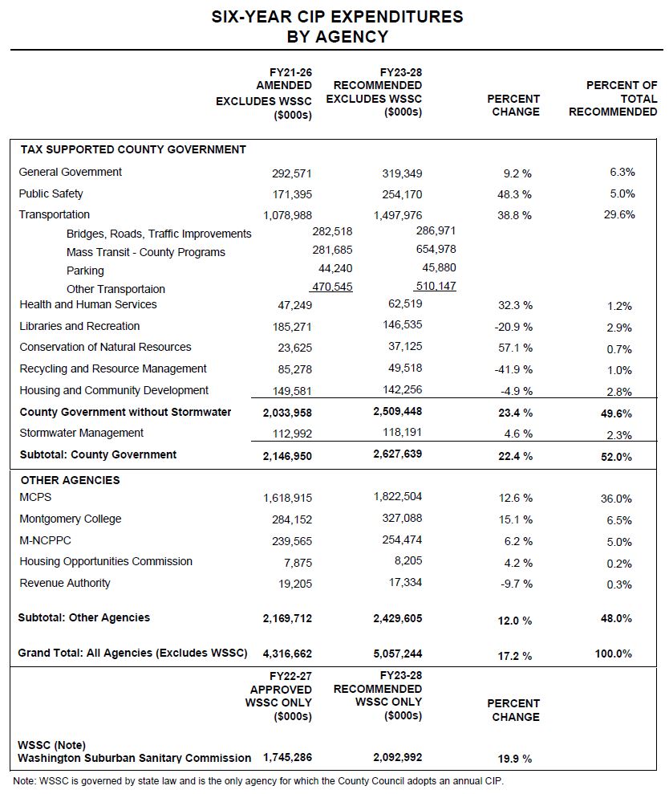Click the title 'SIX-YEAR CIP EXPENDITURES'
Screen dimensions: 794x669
pos(337,16)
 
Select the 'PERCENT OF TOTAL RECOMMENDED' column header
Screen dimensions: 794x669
pos(613,99)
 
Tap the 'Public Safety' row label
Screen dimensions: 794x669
pos(51,193)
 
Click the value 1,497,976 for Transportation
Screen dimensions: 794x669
pos(398,215)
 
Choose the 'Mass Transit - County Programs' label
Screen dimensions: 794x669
pos(146,252)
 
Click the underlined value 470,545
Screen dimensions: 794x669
pos(331,286)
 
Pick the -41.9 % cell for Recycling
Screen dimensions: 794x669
pos(513,370)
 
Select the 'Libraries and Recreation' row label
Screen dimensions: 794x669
pos(79,326)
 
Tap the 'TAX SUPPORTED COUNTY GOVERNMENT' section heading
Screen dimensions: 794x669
pos(133,149)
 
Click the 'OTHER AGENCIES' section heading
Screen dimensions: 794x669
pos(70,480)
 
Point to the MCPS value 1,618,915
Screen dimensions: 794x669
pos(288,499)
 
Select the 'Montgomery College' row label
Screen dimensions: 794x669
pos(71,519)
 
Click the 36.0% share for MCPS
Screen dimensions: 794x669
pos(616,499)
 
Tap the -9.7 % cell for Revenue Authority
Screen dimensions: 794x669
pos(515,584)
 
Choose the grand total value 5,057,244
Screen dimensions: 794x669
pos(398,654)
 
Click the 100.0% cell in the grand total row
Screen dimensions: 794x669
pos(613,654)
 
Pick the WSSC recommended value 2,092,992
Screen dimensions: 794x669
pos(398,758)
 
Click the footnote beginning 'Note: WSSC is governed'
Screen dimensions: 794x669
pos(258,781)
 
